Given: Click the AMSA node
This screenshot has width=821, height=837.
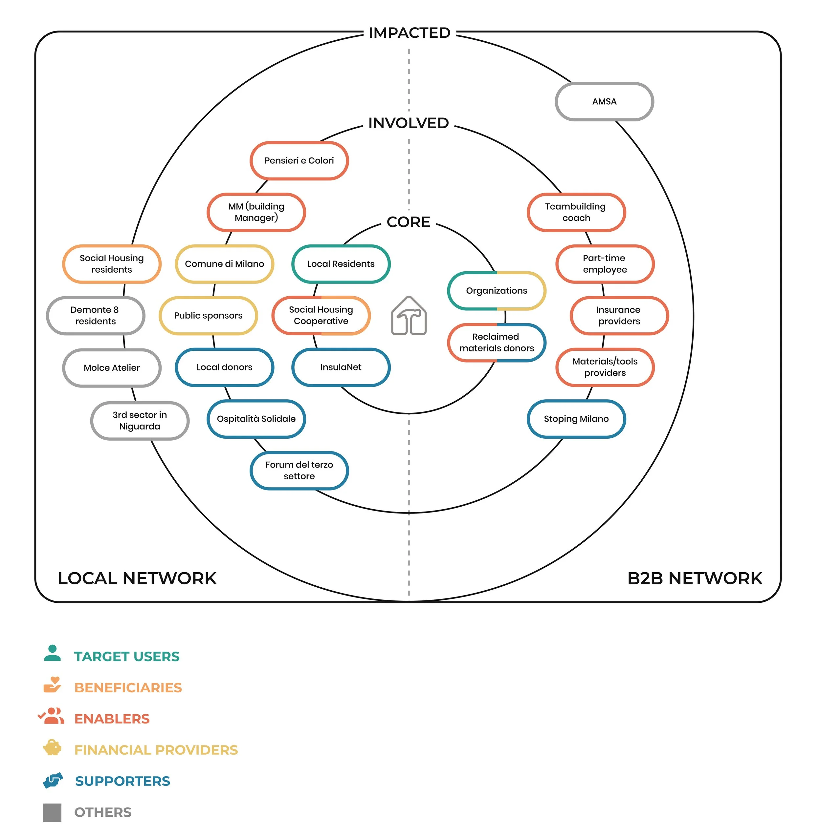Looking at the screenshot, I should click(604, 102).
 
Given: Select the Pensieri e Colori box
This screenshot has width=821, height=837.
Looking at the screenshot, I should click(299, 161).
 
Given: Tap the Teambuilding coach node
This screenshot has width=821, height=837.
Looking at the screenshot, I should click(576, 212).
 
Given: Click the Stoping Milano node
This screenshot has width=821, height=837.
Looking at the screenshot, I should click(576, 419).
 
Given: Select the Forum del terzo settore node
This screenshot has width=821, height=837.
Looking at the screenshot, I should click(299, 471).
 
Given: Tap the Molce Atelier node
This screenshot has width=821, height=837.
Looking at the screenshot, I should click(112, 368).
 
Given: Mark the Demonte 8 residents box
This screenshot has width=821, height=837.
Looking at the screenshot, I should click(95, 316).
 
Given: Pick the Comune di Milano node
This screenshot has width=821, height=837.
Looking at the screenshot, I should click(224, 264).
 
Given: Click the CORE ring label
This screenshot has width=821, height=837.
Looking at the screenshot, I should click(408, 222).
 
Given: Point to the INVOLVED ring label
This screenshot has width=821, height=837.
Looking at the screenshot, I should click(408, 123).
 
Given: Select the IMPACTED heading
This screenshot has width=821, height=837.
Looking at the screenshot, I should click(409, 33).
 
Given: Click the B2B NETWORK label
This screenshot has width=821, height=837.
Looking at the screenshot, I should click(694, 578).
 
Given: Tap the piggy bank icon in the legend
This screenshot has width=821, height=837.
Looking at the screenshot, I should click(52, 748).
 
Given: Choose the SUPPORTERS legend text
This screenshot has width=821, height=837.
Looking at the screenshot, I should click(122, 781).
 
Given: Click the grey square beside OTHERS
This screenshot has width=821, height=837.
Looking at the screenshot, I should click(52, 812).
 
